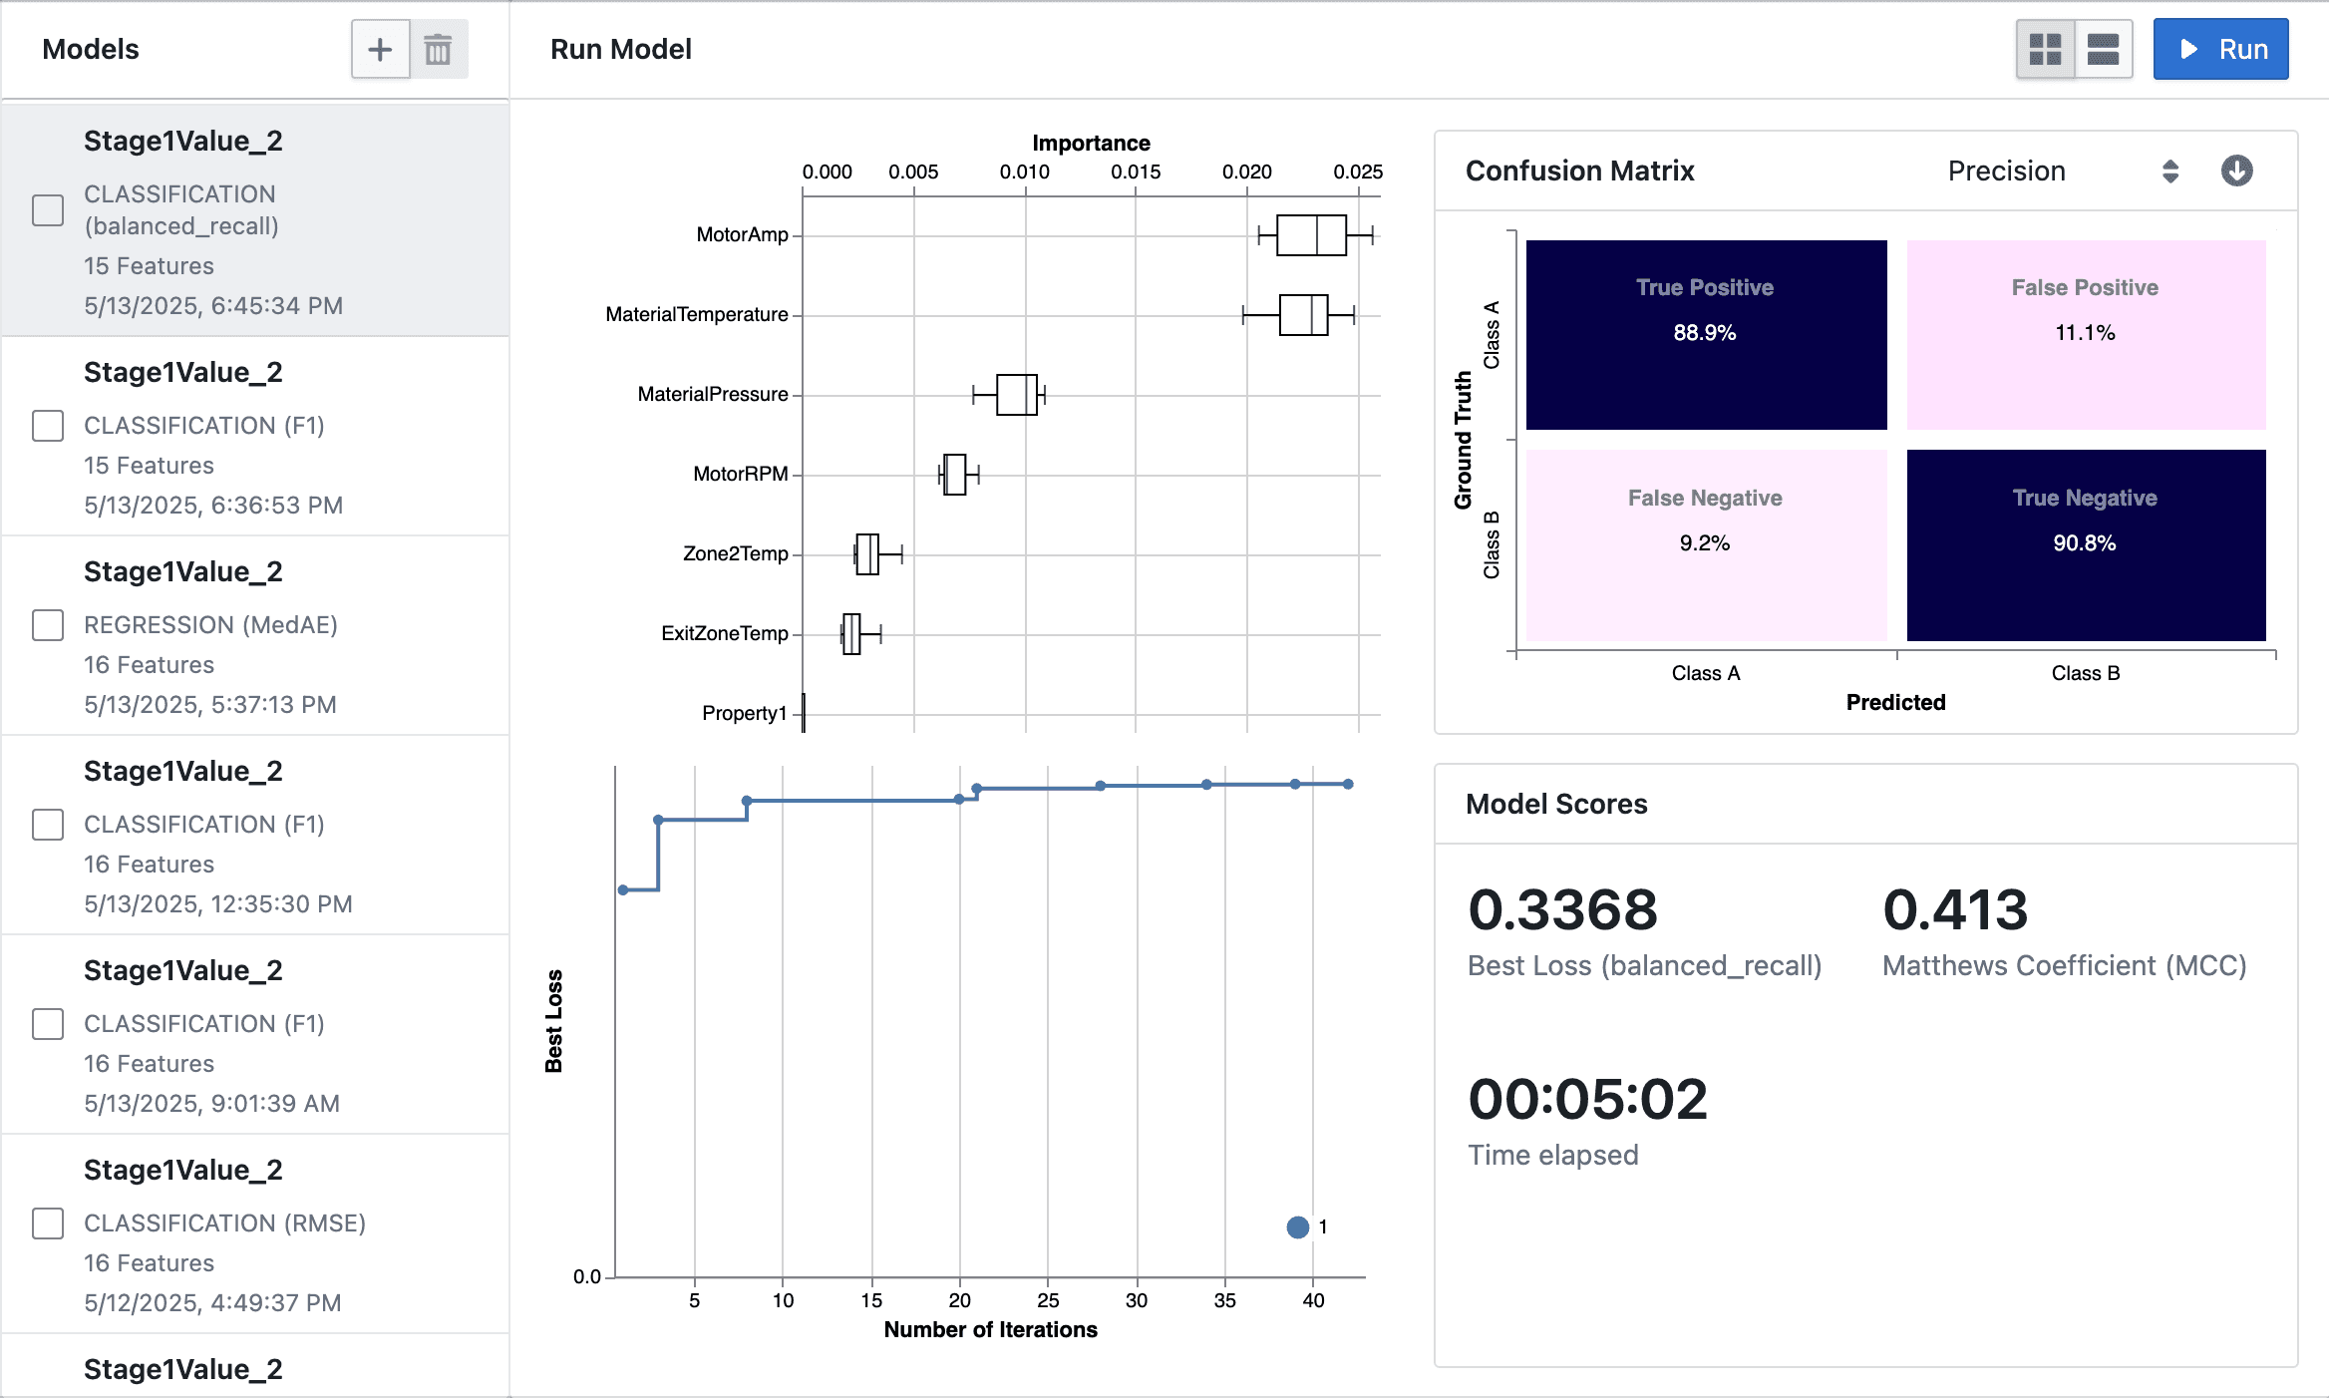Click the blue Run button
pyautogui.click(x=2220, y=49)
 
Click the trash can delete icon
pyautogui.click(x=438, y=49)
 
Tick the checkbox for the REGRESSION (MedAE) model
pyautogui.click(x=48, y=625)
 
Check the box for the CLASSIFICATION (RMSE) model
pyautogui.click(x=48, y=1223)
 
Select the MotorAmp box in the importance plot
pyautogui.click(x=1311, y=235)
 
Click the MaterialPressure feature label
pyautogui.click(x=713, y=394)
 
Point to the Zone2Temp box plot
pyautogui.click(x=867, y=553)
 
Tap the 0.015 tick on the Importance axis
pyautogui.click(x=1136, y=172)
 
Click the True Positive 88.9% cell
pyautogui.click(x=1706, y=334)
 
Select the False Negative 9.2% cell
pyautogui.click(x=1706, y=544)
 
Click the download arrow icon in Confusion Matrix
pyautogui.click(x=2236, y=171)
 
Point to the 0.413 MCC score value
pyautogui.click(x=1955, y=909)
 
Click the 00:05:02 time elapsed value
pyautogui.click(x=1587, y=1099)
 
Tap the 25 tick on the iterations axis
pyautogui.click(x=1048, y=1300)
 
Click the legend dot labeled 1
pyautogui.click(x=1297, y=1227)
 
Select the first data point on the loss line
pyautogui.click(x=623, y=889)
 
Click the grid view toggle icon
pyautogui.click(x=2045, y=49)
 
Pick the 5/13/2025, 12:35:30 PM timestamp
pyautogui.click(x=218, y=903)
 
